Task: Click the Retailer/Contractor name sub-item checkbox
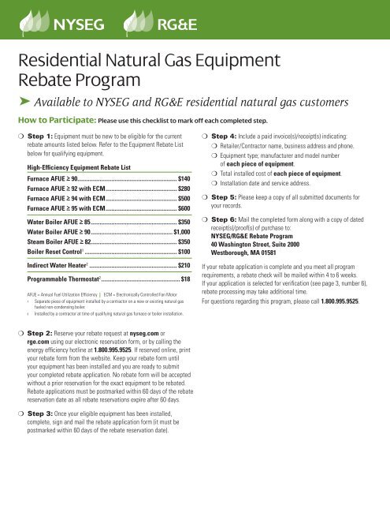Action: coord(216,146)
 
